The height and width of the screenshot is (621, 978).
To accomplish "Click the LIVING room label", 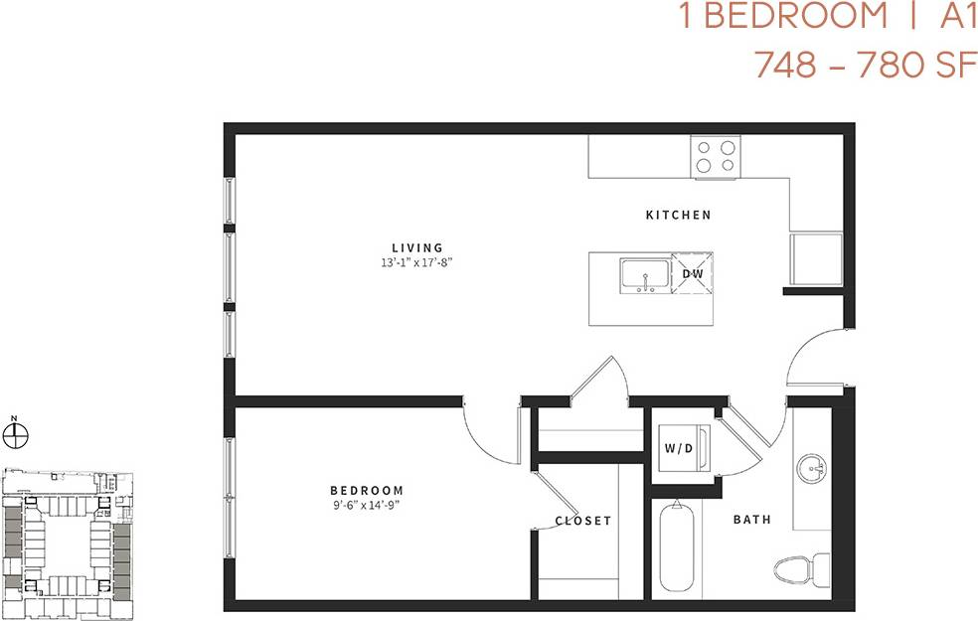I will point(417,247).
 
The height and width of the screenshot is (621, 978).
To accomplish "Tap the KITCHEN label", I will point(679,215).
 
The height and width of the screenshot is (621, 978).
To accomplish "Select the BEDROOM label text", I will point(367,490).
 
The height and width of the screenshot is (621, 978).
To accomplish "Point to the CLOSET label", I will point(583,521).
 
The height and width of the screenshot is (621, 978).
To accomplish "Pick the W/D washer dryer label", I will point(679,448).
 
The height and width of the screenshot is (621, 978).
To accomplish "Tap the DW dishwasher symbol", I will point(694,274).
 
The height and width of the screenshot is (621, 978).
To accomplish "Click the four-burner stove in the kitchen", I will point(717,156).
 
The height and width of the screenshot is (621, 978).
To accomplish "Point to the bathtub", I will point(677,549).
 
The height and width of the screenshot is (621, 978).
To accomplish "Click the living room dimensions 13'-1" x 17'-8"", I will point(417,263).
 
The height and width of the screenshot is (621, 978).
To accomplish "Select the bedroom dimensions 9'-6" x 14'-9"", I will point(367,505).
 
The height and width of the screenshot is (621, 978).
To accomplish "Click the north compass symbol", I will point(16,433).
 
